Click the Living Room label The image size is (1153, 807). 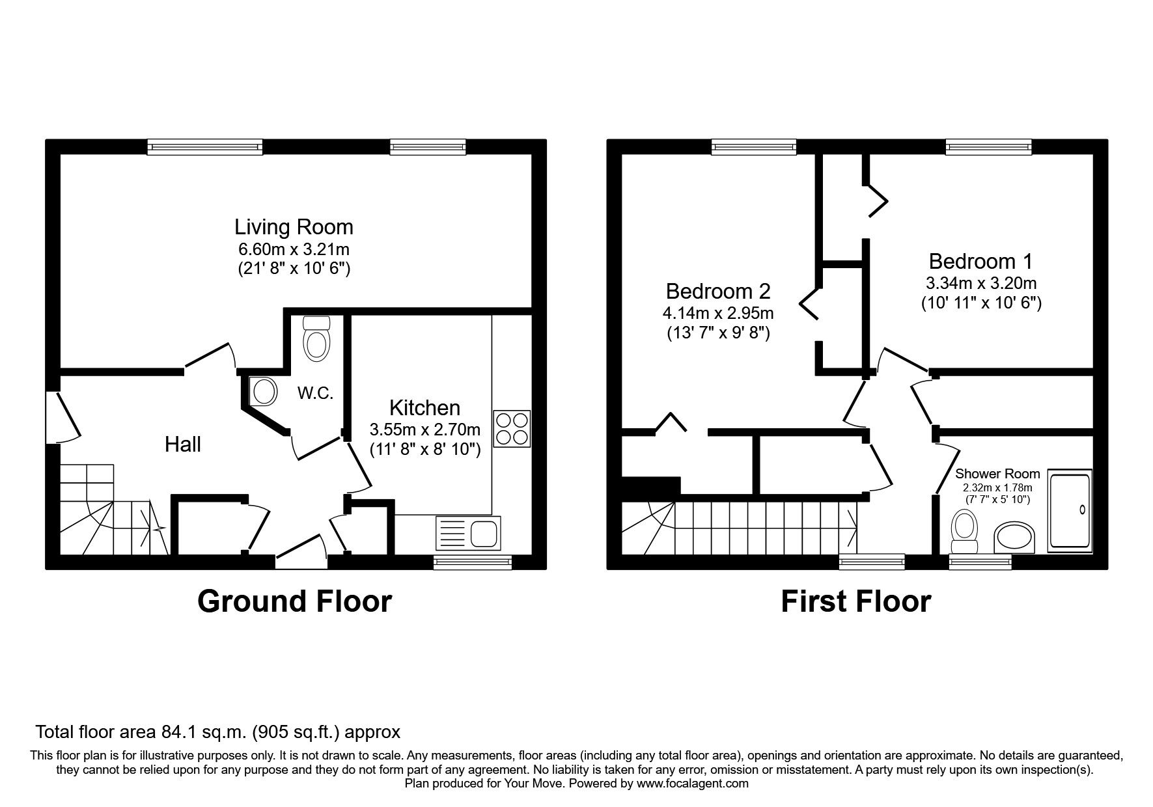point(294,227)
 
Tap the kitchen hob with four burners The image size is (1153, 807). point(512,428)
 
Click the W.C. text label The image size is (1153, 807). point(316,393)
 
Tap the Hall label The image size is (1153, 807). point(183,445)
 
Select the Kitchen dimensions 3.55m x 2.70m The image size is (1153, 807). point(424,430)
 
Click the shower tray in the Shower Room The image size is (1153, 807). point(1069,511)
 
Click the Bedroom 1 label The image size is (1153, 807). point(980,262)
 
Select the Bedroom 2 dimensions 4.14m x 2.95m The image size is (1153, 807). point(718,313)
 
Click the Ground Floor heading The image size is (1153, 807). point(294,601)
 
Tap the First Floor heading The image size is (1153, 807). point(855,601)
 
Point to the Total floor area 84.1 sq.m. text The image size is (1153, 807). point(217,732)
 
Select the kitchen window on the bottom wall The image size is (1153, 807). point(473,562)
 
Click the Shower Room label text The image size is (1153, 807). point(997,474)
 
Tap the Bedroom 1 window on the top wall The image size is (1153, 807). point(988,147)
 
